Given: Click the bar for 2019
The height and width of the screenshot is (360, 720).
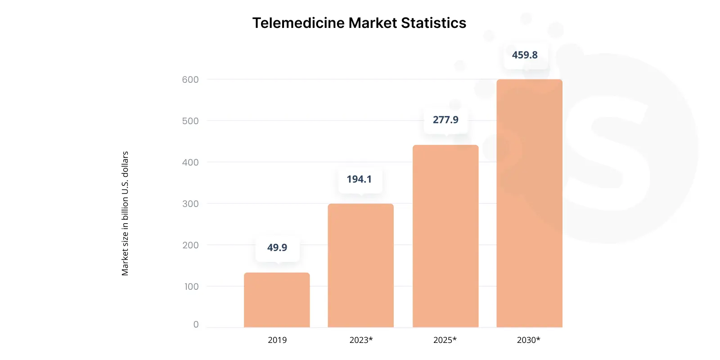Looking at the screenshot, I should pyautogui.click(x=277, y=300).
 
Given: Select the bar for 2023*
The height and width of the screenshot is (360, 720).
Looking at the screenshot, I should pyautogui.click(x=360, y=265).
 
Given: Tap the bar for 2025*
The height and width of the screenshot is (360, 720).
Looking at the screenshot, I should pyautogui.click(x=445, y=236).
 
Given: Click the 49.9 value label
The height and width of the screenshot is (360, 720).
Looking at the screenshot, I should pyautogui.click(x=277, y=247).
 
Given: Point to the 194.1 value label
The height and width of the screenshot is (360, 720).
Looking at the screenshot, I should pyautogui.click(x=359, y=179).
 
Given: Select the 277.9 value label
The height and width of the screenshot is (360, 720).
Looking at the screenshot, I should pyautogui.click(x=445, y=120).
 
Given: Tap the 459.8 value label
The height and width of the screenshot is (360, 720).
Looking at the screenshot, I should pyautogui.click(x=525, y=55).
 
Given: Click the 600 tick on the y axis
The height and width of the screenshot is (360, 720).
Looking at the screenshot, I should pyautogui.click(x=190, y=80).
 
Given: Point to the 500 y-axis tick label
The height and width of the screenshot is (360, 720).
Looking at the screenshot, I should pyautogui.click(x=190, y=121).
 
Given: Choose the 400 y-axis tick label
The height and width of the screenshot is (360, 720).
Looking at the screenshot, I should pyautogui.click(x=190, y=162).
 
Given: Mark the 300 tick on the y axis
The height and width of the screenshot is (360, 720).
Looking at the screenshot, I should pyautogui.click(x=190, y=204).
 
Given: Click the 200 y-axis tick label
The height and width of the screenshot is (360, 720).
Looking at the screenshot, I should pyautogui.click(x=190, y=245).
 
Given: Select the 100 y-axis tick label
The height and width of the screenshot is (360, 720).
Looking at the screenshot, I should pyautogui.click(x=191, y=287).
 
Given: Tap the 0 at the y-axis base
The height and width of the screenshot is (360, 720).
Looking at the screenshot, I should pyautogui.click(x=196, y=324).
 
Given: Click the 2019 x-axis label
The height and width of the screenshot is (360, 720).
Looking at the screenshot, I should pyautogui.click(x=277, y=340).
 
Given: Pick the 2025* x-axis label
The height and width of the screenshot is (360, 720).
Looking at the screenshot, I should pyautogui.click(x=445, y=340).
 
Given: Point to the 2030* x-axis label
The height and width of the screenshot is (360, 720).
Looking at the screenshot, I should pyautogui.click(x=529, y=340).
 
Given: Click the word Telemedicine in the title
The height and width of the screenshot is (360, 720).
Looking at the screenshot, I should pyautogui.click(x=298, y=23).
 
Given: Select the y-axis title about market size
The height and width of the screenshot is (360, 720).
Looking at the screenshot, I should pyautogui.click(x=125, y=213).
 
